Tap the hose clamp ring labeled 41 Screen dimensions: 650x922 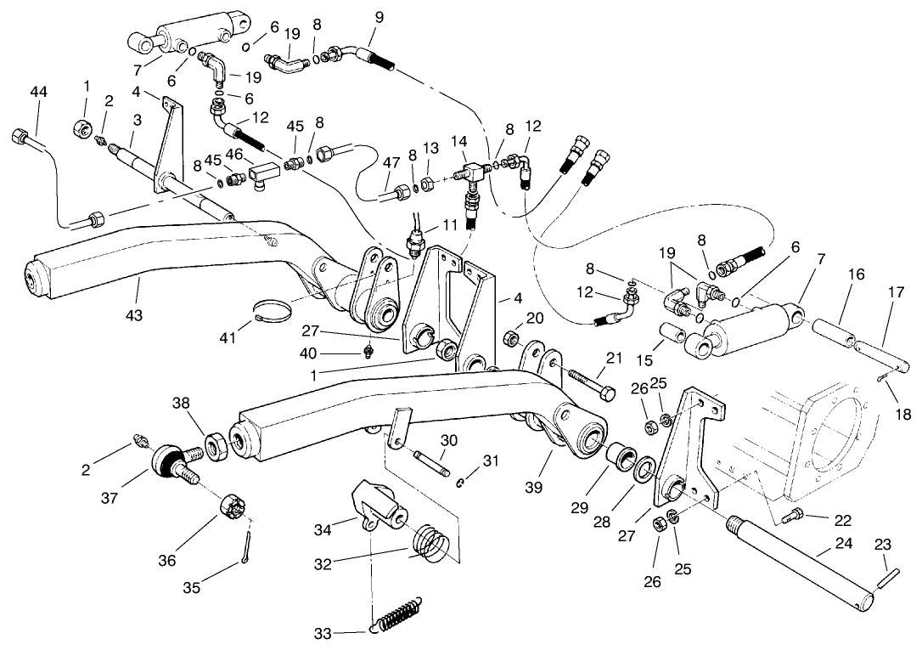[x=273, y=308]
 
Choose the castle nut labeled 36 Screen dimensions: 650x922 [x=233, y=508]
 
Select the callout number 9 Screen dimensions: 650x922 [x=378, y=16]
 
